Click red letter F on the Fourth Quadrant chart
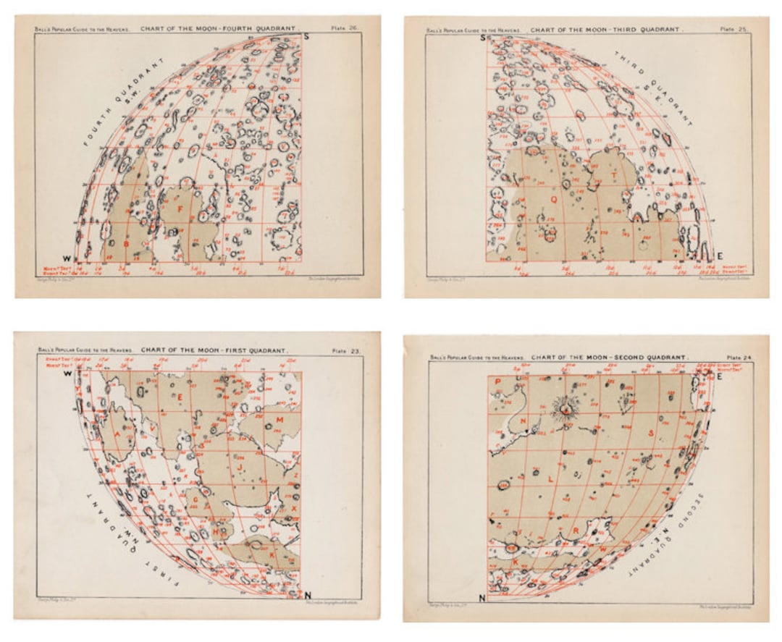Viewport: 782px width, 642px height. (x=179, y=208)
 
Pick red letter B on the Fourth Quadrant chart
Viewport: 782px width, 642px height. (x=126, y=244)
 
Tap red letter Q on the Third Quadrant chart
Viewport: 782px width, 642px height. (x=555, y=196)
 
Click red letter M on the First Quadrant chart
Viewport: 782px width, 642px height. (x=279, y=420)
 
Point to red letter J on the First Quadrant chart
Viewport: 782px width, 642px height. (x=240, y=468)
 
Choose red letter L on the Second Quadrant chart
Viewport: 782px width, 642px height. (x=550, y=479)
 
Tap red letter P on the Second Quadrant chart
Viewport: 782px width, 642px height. (x=498, y=381)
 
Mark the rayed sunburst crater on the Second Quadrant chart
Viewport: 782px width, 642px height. (x=563, y=410)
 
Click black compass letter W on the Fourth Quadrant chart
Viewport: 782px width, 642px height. (x=67, y=258)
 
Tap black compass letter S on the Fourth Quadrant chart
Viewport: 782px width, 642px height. (x=306, y=36)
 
